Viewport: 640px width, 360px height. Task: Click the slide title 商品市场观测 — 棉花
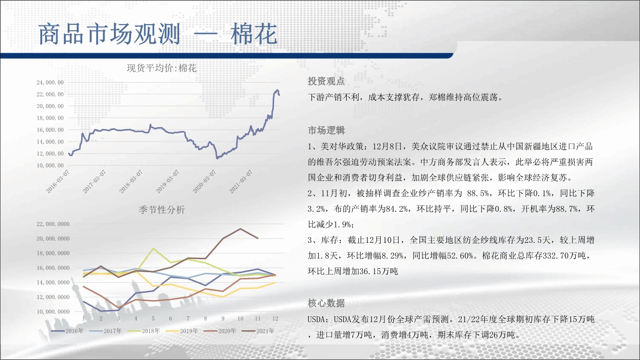pyautogui.click(x=158, y=34)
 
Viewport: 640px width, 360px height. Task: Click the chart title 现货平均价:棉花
pyautogui.click(x=162, y=68)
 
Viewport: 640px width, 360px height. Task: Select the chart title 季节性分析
pyautogui.click(x=162, y=210)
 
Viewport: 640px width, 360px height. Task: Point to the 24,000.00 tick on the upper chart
pyautogui.click(x=50, y=82)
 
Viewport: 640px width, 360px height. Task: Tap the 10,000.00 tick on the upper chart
pyautogui.click(x=50, y=166)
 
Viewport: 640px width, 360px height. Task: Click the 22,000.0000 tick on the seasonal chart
pyautogui.click(x=53, y=224)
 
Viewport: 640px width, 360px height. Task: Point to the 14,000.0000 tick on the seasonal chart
pyautogui.click(x=53, y=282)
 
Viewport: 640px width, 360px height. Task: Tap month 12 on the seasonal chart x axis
pyautogui.click(x=275, y=318)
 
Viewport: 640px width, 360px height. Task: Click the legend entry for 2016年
pyautogui.click(x=67, y=331)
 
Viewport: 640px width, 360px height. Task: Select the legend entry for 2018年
pyautogui.click(x=144, y=331)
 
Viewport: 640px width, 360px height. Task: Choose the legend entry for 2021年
pyautogui.click(x=258, y=331)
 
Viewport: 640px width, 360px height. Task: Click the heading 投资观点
pyautogui.click(x=326, y=81)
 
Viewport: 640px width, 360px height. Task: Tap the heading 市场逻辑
pyautogui.click(x=326, y=130)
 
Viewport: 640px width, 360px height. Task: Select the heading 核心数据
pyautogui.click(x=326, y=303)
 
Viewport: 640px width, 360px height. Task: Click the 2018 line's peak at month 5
pyautogui.click(x=154, y=249)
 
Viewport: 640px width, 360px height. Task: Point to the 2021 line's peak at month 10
pyautogui.click(x=240, y=228)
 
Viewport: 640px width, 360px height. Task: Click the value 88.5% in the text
pyautogui.click(x=478, y=193)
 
